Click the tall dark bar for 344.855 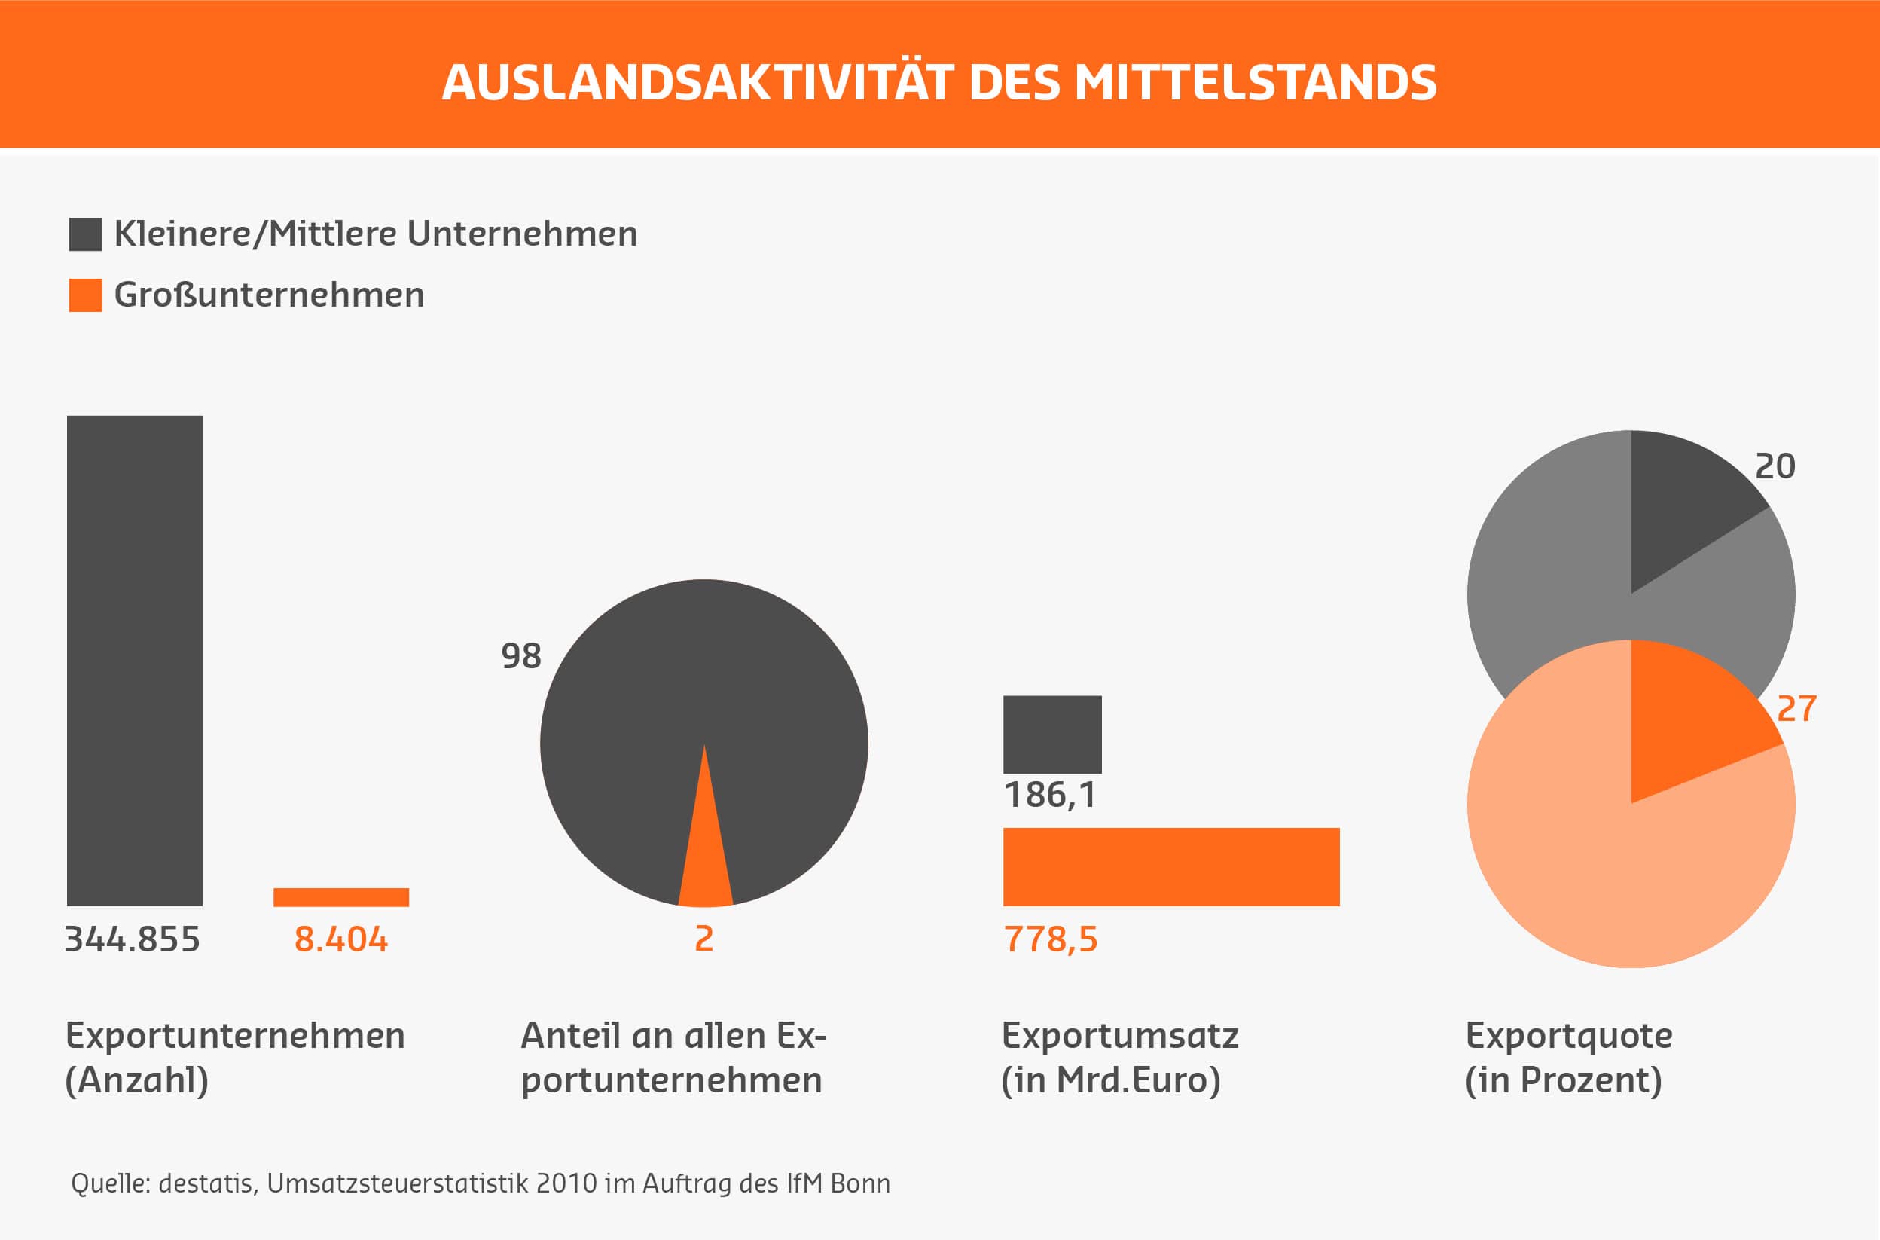[x=134, y=661]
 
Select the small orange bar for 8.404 [x=340, y=896]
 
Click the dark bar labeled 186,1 [x=1051, y=734]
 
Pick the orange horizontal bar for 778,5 [x=1170, y=867]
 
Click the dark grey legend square [x=85, y=234]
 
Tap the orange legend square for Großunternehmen [x=85, y=295]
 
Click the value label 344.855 [x=132, y=939]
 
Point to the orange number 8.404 [x=340, y=939]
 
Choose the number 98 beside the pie [x=521, y=655]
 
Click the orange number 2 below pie [x=703, y=939]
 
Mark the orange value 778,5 [x=1051, y=939]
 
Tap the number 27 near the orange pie [x=1796, y=709]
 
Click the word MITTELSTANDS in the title [x=1255, y=82]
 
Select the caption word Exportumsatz [x=1119, y=1036]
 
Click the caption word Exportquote [x=1568, y=1036]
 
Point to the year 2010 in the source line [x=566, y=1183]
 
